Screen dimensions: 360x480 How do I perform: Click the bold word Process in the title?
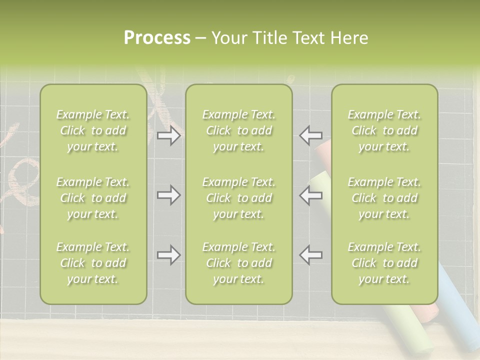tap(157, 38)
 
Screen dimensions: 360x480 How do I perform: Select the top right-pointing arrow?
tap(168, 135)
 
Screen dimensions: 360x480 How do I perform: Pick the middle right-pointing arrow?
tap(168, 195)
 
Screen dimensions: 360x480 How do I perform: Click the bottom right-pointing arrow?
tap(168, 254)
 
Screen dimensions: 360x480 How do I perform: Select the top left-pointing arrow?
tap(311, 135)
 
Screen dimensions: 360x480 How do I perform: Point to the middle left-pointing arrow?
tap(311, 195)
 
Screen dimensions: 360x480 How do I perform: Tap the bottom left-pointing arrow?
tap(311, 254)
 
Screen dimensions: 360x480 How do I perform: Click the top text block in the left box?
tap(93, 130)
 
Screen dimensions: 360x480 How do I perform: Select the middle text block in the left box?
tap(93, 198)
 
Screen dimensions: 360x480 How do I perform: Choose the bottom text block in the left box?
tap(93, 263)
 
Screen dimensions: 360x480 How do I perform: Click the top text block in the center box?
tap(238, 130)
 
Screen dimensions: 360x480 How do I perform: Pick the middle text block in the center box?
tap(238, 198)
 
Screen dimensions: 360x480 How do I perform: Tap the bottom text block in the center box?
tap(238, 263)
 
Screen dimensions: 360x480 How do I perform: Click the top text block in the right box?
tap(384, 130)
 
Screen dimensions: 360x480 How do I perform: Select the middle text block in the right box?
tap(384, 198)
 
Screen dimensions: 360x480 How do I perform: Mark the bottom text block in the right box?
tap(384, 263)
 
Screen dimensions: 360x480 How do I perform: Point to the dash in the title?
tap(200, 38)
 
